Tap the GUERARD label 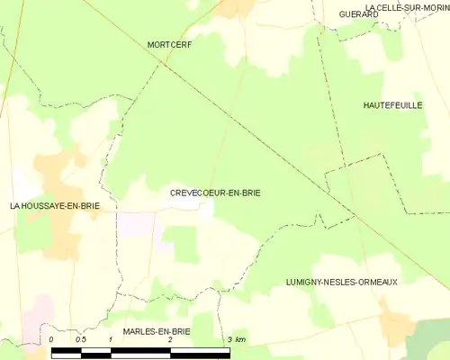357,14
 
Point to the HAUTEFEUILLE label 393,105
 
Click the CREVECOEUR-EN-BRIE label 215,193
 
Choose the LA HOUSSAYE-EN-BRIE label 54,206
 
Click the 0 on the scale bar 52,339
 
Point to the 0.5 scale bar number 80,339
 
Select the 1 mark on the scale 110,339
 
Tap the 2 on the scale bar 169,339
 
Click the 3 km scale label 236,339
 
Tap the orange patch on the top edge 237,7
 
